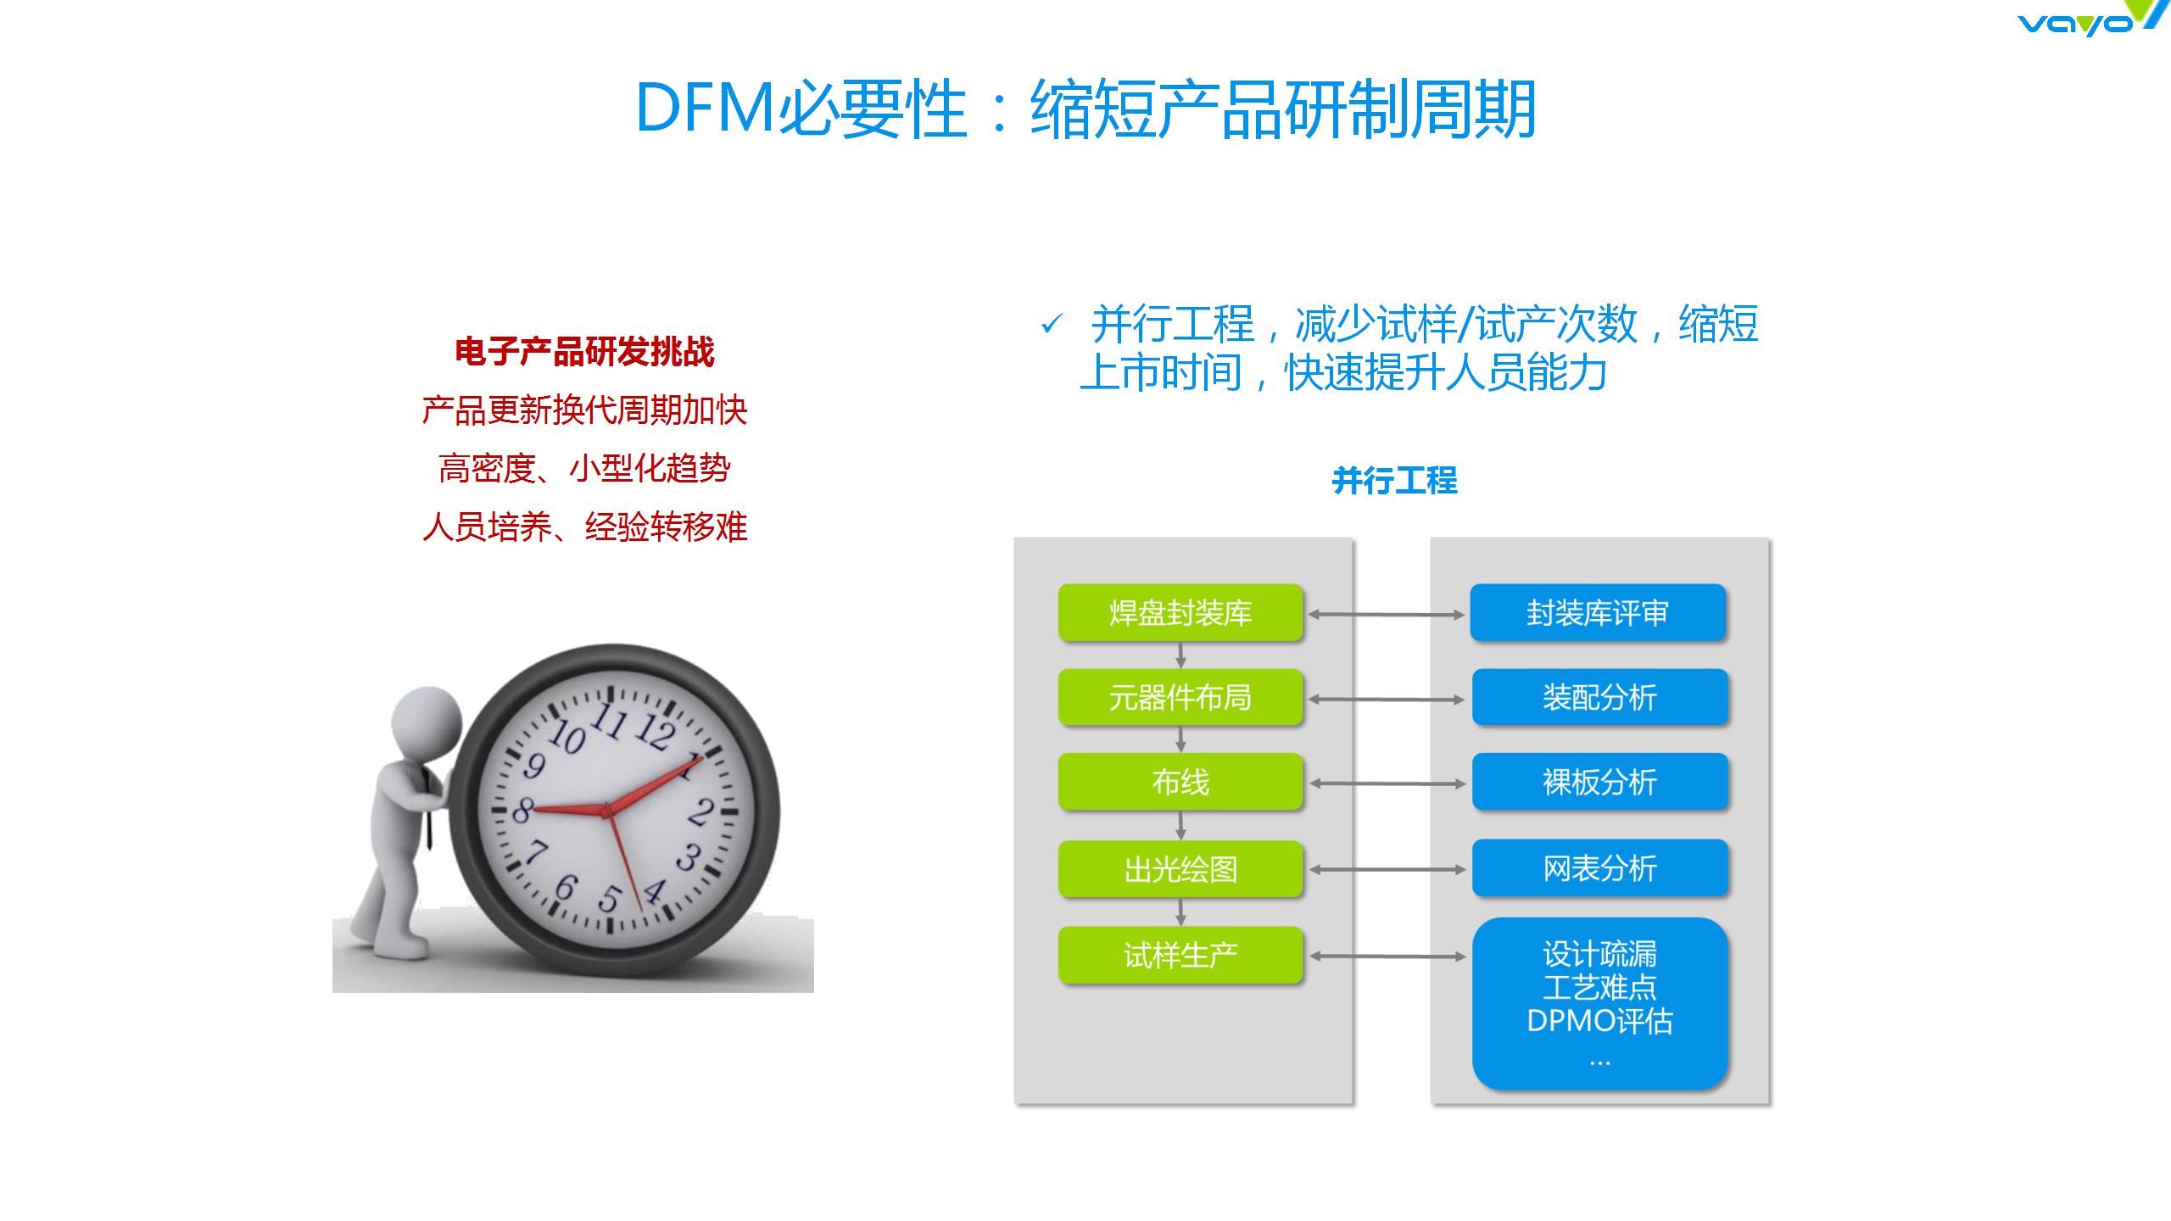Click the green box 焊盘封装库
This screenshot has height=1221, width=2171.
[x=1180, y=612]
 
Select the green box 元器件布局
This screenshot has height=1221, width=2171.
[x=1180, y=697]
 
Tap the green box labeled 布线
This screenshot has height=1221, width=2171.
[x=1180, y=782]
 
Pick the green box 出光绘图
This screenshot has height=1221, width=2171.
[x=1180, y=869]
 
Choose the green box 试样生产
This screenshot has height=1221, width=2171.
[x=1180, y=956]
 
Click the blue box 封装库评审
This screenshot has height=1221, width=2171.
[x=1598, y=612]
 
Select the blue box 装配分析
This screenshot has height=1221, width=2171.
[x=1599, y=697]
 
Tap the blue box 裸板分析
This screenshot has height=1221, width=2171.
[x=1599, y=782]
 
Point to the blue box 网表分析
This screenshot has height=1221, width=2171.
[x=1599, y=868]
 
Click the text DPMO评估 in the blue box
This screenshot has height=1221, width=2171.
[x=1599, y=1021]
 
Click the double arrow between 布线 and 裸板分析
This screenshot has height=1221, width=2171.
[x=1387, y=783]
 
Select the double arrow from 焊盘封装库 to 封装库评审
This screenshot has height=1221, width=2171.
[x=1387, y=615]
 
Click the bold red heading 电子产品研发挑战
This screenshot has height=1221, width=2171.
[x=584, y=352]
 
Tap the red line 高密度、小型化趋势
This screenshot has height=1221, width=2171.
[x=584, y=468]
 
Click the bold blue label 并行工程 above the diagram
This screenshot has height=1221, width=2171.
[x=1395, y=481]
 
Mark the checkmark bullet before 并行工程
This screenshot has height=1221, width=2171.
[x=1052, y=324]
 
